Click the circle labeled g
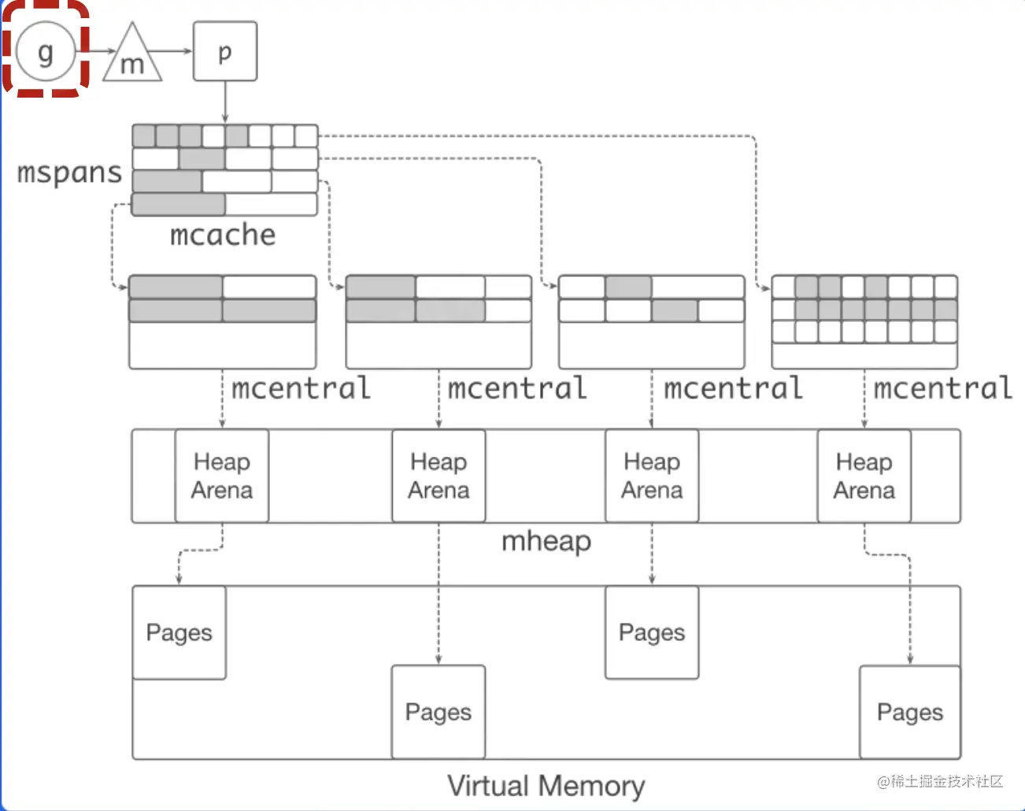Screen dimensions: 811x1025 [46, 52]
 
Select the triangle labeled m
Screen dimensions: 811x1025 [132, 57]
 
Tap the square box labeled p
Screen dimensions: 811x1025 [225, 51]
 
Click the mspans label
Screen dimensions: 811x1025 [69, 172]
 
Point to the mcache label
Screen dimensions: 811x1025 [223, 235]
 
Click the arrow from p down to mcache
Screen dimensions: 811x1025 [225, 102]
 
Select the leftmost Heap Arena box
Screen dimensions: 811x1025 [222, 476]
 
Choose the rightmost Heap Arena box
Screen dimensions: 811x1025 [864, 476]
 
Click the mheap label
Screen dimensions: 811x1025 [546, 541]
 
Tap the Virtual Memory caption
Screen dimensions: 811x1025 [546, 785]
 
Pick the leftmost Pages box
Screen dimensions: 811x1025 [179, 632]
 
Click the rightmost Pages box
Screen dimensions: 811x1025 [910, 712]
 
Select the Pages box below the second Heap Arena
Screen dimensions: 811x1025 [438, 712]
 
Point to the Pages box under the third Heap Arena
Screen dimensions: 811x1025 [652, 632]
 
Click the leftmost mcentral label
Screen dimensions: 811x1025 [301, 388]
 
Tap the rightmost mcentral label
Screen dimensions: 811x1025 [943, 388]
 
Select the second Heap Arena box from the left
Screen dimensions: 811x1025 [438, 476]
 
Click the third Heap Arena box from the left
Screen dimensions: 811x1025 [652, 476]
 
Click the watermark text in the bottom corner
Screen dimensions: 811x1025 [940, 781]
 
